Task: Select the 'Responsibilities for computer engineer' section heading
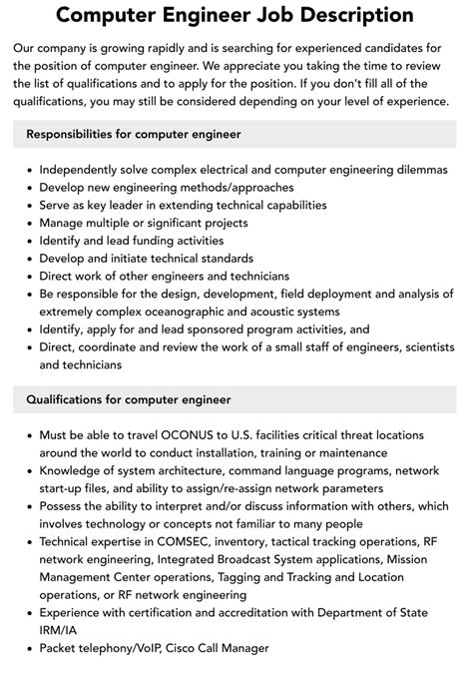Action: (134, 134)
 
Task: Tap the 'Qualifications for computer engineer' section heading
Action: (129, 399)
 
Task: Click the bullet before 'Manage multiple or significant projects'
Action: (27, 223)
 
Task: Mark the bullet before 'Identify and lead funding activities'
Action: (27, 241)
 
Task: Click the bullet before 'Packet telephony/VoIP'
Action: (27, 648)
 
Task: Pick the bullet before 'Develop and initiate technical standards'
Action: (27, 258)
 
